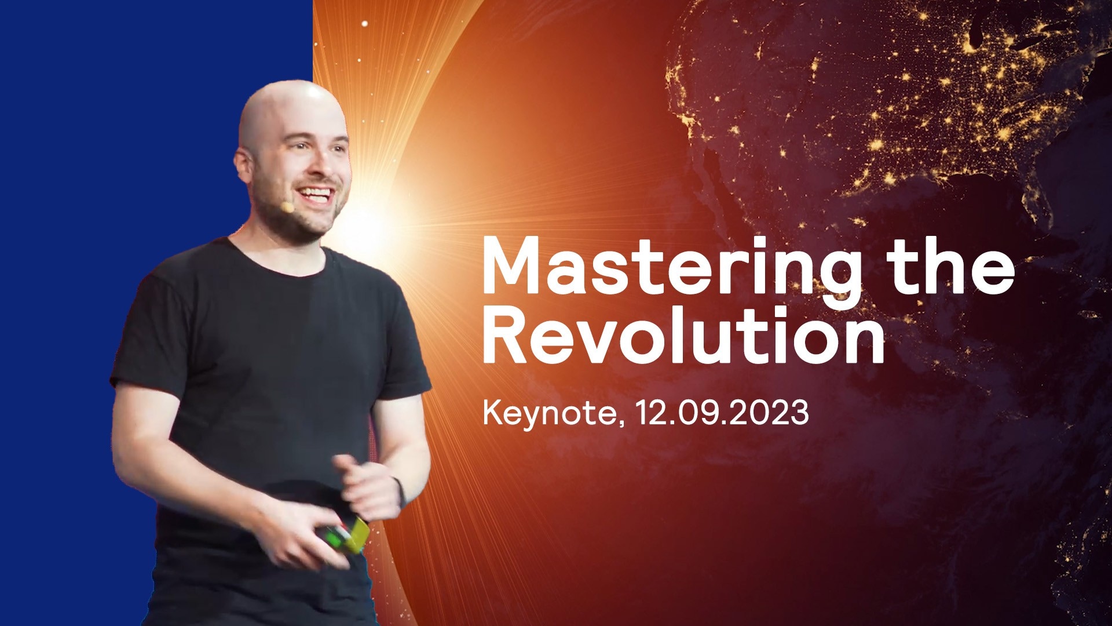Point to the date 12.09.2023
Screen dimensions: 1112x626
click(x=722, y=413)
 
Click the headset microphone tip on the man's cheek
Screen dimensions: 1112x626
click(x=287, y=207)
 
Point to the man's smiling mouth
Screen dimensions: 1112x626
click(x=316, y=195)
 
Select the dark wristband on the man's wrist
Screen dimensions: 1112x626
click(x=399, y=493)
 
